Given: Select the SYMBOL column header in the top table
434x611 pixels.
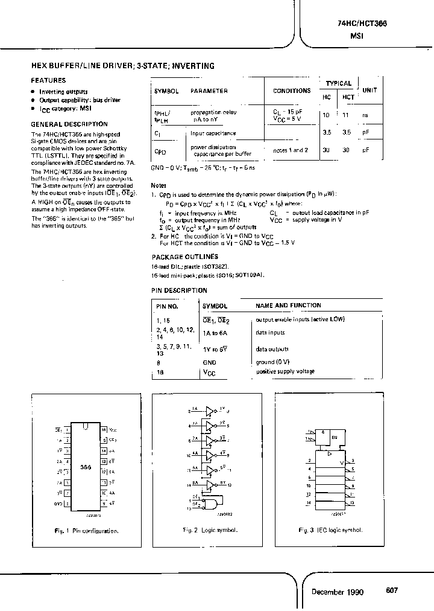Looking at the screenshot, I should pyautogui.click(x=166, y=91).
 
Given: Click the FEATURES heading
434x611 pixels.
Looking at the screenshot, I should pyautogui.click(x=48, y=80).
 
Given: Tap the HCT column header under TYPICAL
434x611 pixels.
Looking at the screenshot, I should pyautogui.click(x=348, y=97).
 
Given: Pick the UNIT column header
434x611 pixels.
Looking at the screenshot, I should pyautogui.click(x=369, y=90).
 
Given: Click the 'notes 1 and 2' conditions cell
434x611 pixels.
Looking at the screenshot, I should pyautogui.click(x=291, y=150).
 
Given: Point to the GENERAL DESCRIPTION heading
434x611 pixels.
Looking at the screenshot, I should pyautogui.click(x=69, y=124).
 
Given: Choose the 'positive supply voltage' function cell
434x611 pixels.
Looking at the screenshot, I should pyautogui.click(x=285, y=371).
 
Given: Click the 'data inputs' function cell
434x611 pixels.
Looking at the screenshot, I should pyautogui.click(x=270, y=333).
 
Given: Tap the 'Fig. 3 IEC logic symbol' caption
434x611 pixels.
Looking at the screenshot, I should pyautogui.click(x=331, y=530).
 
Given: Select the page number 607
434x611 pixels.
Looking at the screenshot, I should pyautogui.click(x=392, y=591).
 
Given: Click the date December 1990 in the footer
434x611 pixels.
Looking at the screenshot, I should pyautogui.click(x=338, y=592).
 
